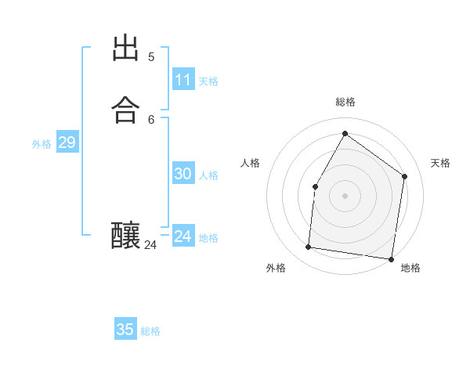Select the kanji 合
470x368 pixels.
click(x=125, y=109)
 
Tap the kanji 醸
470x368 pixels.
click(x=125, y=236)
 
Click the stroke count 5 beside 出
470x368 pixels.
click(x=151, y=57)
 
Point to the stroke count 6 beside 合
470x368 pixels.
click(x=151, y=119)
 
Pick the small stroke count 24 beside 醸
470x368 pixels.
click(x=150, y=245)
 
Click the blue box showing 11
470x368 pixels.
click(x=183, y=80)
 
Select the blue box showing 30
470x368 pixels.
click(x=183, y=174)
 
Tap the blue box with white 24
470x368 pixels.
click(x=183, y=236)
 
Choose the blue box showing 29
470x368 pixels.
click(x=67, y=143)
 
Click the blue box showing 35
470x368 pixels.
click(x=125, y=330)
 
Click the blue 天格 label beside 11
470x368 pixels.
click(x=208, y=81)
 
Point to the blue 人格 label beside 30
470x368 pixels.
click(x=208, y=175)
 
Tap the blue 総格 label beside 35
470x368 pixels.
click(x=150, y=331)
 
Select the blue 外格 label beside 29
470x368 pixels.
click(x=42, y=144)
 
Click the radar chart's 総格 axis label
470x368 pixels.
click(x=345, y=102)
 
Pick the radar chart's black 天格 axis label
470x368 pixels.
click(x=440, y=163)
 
